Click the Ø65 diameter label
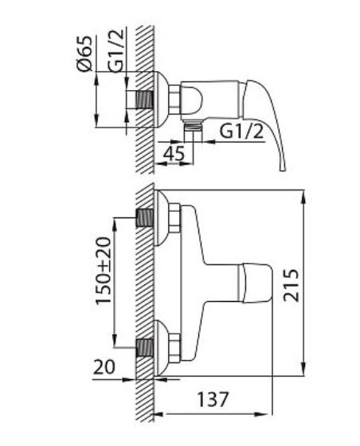click(x=85, y=53)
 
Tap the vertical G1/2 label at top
click(x=116, y=50)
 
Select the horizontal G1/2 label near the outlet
click(x=241, y=131)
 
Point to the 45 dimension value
click(x=174, y=154)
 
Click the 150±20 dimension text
click(x=104, y=271)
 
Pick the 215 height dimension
click(x=292, y=285)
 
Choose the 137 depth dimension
click(x=213, y=399)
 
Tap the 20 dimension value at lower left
click(x=104, y=366)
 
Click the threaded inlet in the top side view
click(x=145, y=100)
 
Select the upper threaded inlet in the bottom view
click(x=145, y=218)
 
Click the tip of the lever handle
click(x=283, y=170)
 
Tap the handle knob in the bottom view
click(x=255, y=283)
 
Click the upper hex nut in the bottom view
click(x=174, y=219)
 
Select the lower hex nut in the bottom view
click(x=174, y=348)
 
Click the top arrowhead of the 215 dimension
click(x=303, y=197)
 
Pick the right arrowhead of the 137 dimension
click(x=265, y=414)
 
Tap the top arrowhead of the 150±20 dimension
click(x=115, y=225)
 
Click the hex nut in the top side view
click(x=175, y=100)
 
